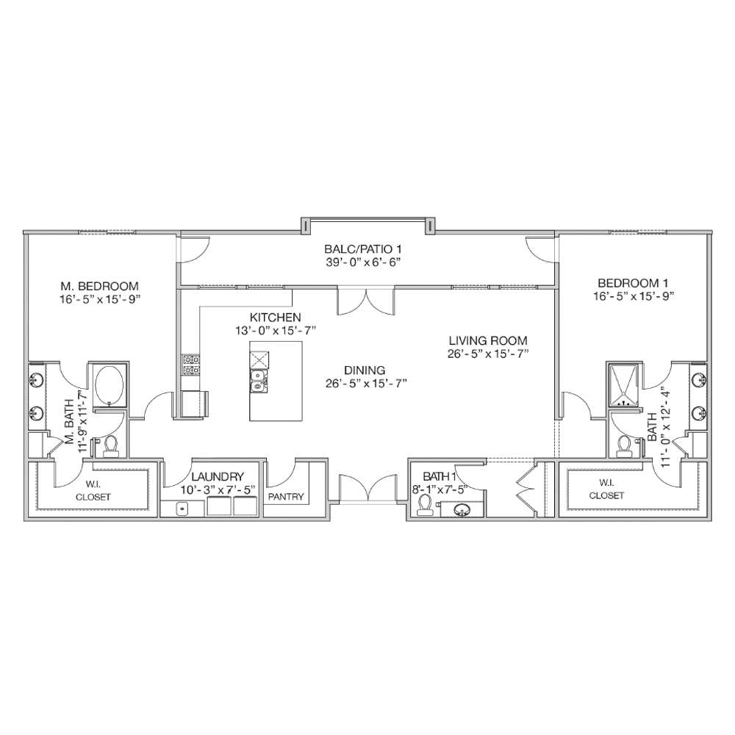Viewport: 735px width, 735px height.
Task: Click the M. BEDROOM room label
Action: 99,286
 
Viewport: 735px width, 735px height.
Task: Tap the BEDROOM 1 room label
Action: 633,283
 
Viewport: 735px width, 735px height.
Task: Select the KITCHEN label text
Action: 275,318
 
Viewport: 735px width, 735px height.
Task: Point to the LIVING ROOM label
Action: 488,340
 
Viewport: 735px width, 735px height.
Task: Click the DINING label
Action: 365,370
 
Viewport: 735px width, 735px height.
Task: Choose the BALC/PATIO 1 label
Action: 363,249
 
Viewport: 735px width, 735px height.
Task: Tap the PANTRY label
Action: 286,496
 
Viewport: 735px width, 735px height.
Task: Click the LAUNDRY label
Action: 218,477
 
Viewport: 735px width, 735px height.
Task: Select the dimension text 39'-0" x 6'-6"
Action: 363,262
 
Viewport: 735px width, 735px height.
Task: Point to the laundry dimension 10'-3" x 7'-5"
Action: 218,490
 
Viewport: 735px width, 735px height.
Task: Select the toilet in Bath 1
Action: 425,506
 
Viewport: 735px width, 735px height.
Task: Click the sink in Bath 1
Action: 462,509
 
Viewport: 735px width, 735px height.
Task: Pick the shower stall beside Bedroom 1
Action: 623,386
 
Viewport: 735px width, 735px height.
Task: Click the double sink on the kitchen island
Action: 257,381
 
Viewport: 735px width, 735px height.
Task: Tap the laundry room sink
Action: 182,509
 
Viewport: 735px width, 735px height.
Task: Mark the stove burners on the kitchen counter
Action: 191,365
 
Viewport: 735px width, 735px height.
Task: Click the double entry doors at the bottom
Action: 368,490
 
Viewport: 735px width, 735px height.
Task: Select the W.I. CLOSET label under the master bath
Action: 93,491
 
